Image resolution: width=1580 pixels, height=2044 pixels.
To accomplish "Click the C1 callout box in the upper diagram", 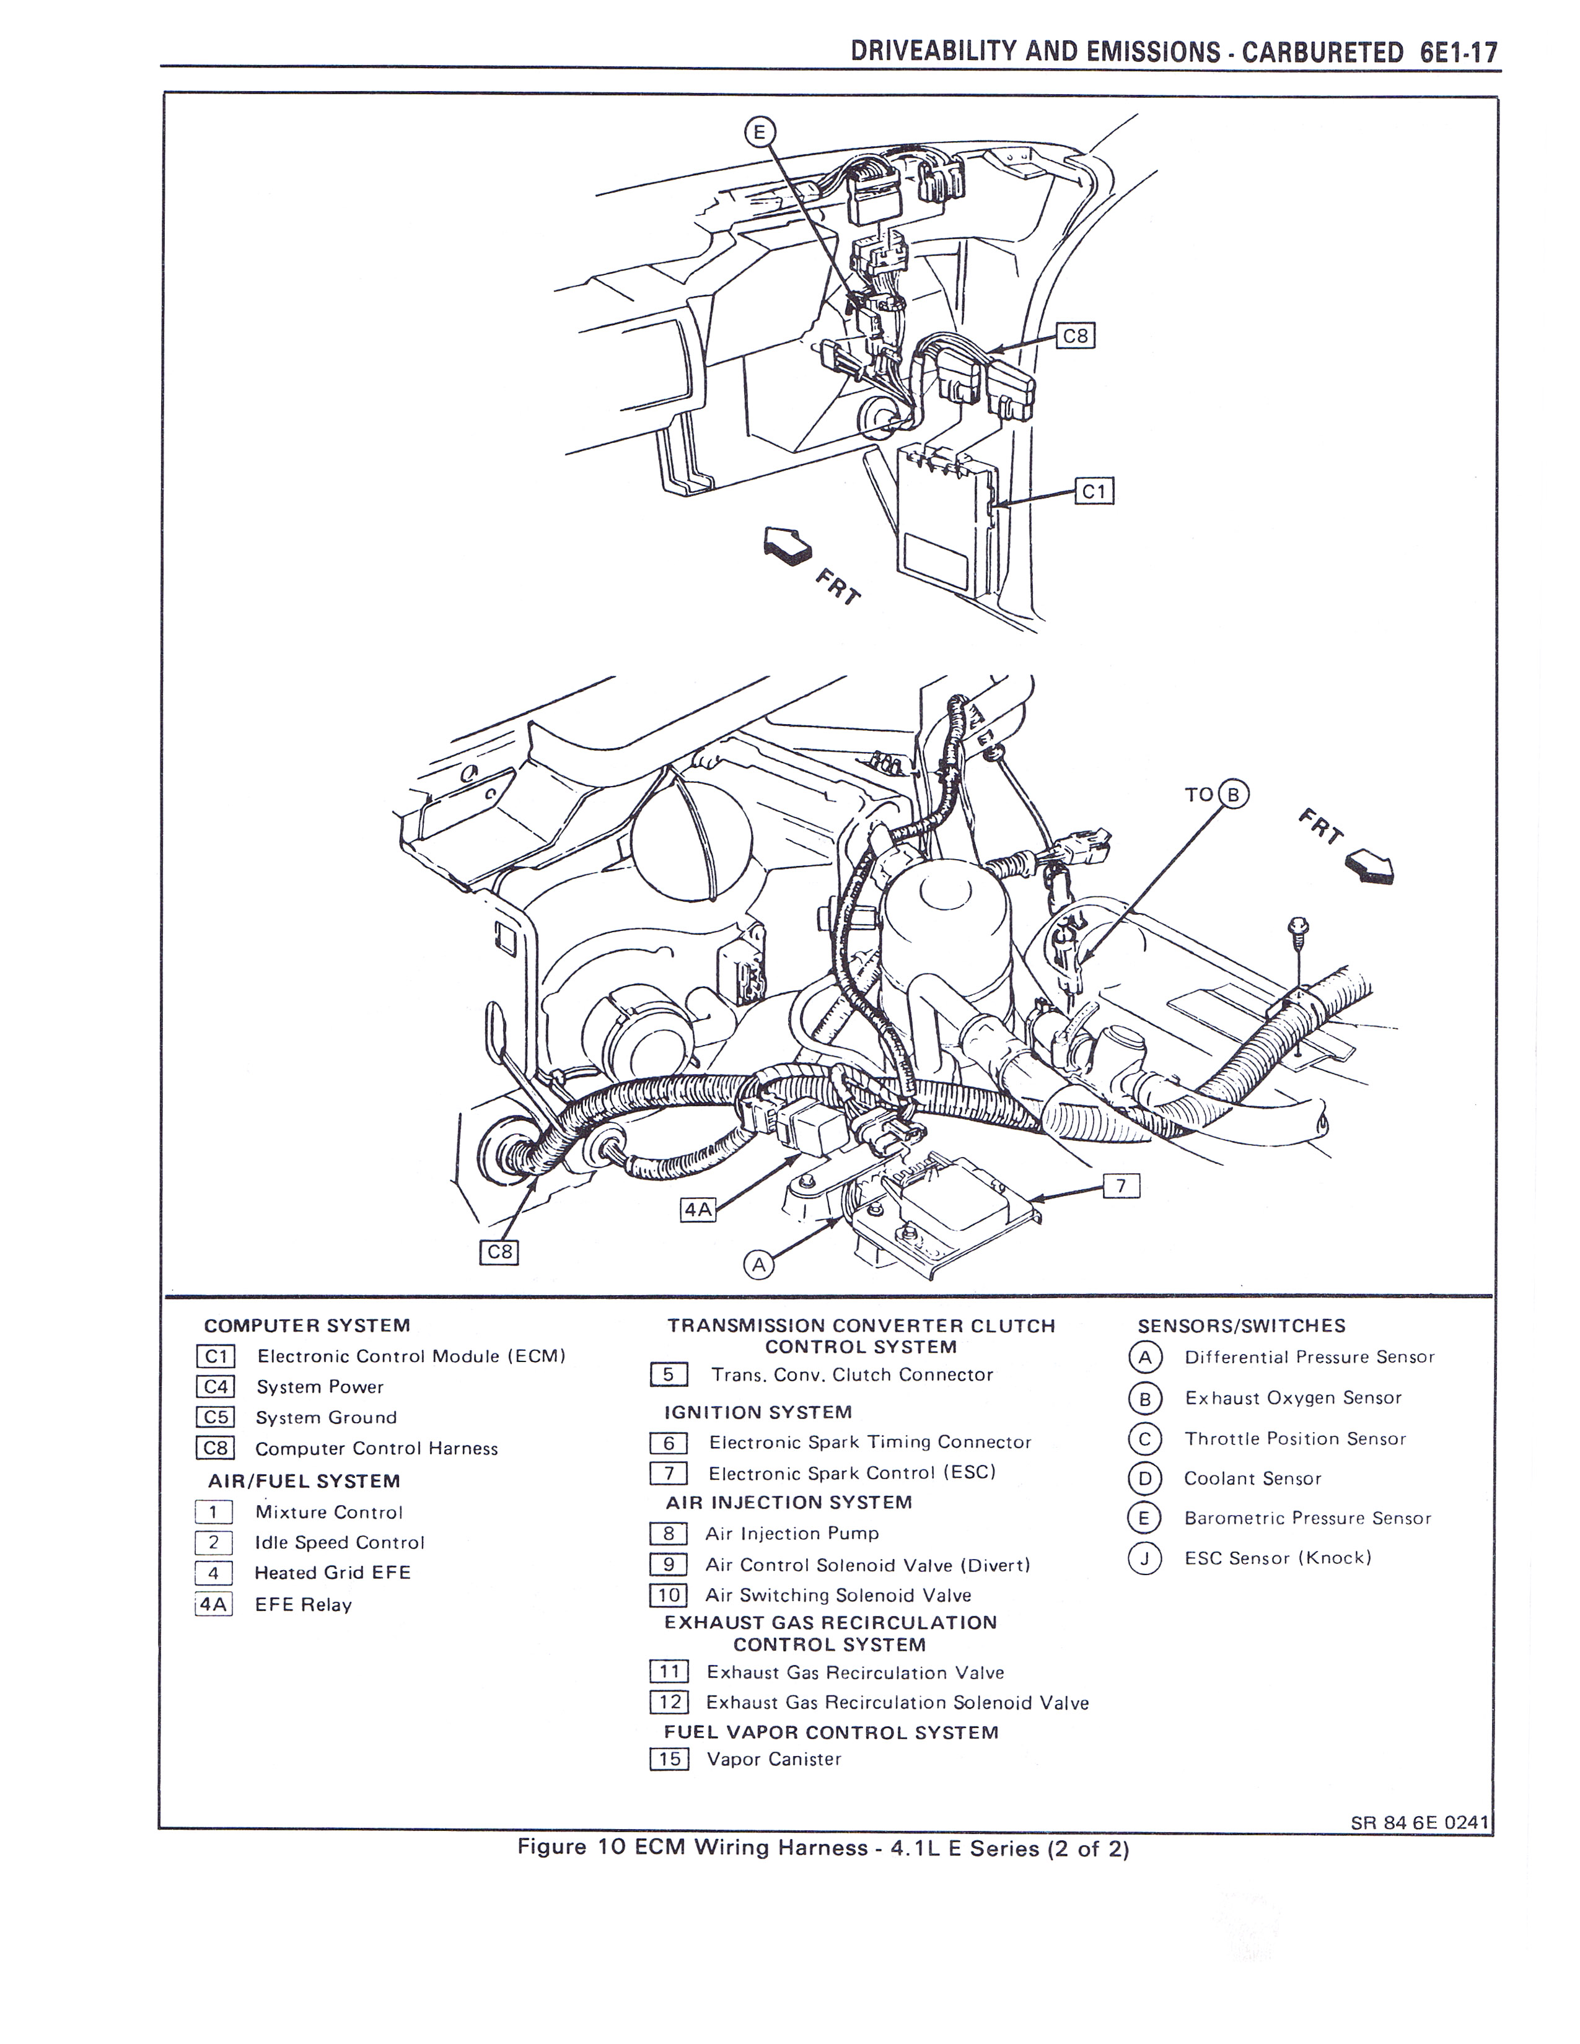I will (1095, 491).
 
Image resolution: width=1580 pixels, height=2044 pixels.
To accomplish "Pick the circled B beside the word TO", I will (1233, 795).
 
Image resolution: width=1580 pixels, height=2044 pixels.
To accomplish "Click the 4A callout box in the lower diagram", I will (697, 1210).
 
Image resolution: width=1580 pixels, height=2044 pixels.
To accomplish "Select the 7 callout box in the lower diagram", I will (1121, 1187).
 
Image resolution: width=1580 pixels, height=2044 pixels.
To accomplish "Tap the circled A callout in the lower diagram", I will (759, 1265).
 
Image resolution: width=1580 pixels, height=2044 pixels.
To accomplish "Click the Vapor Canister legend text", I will (774, 1760).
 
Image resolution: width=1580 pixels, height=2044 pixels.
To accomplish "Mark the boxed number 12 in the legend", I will (669, 1702).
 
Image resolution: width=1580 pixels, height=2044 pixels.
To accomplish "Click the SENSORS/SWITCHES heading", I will (1241, 1326).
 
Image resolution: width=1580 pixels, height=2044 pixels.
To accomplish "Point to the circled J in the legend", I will (1144, 1558).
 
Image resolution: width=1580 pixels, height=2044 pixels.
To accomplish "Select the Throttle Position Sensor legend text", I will (1294, 1438).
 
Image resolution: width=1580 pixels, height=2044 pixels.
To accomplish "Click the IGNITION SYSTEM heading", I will (758, 1412).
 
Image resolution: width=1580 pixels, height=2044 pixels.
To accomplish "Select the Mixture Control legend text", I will (328, 1513).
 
